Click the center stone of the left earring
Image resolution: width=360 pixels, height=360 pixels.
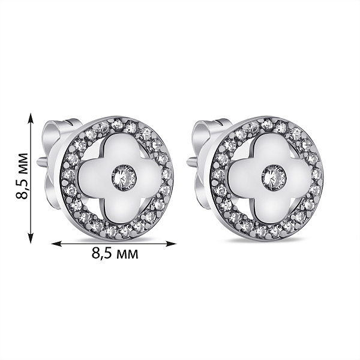pyautogui.click(x=124, y=178)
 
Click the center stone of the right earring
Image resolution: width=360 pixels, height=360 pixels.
pyautogui.click(x=274, y=178)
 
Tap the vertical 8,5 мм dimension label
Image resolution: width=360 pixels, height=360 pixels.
pyautogui.click(x=22, y=176)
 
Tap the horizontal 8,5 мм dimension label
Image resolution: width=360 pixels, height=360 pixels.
pyautogui.click(x=115, y=253)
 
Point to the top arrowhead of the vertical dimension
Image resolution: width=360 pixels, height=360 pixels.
pyautogui.click(x=31, y=118)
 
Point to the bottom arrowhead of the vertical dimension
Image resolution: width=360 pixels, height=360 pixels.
pyautogui.click(x=31, y=238)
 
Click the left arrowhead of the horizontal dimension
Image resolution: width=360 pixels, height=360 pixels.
pyautogui.click(x=56, y=244)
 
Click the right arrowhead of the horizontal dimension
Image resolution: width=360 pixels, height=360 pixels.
pyautogui.click(x=171, y=244)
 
